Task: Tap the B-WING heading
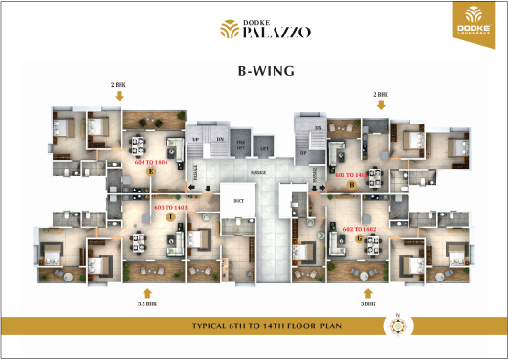254,71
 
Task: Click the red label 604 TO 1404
151,163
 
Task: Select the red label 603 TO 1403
170,207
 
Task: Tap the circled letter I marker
170,217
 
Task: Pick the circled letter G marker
360,238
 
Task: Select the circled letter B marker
352,186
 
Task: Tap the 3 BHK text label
367,304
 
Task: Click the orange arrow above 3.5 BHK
146,291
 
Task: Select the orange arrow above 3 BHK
367,291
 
